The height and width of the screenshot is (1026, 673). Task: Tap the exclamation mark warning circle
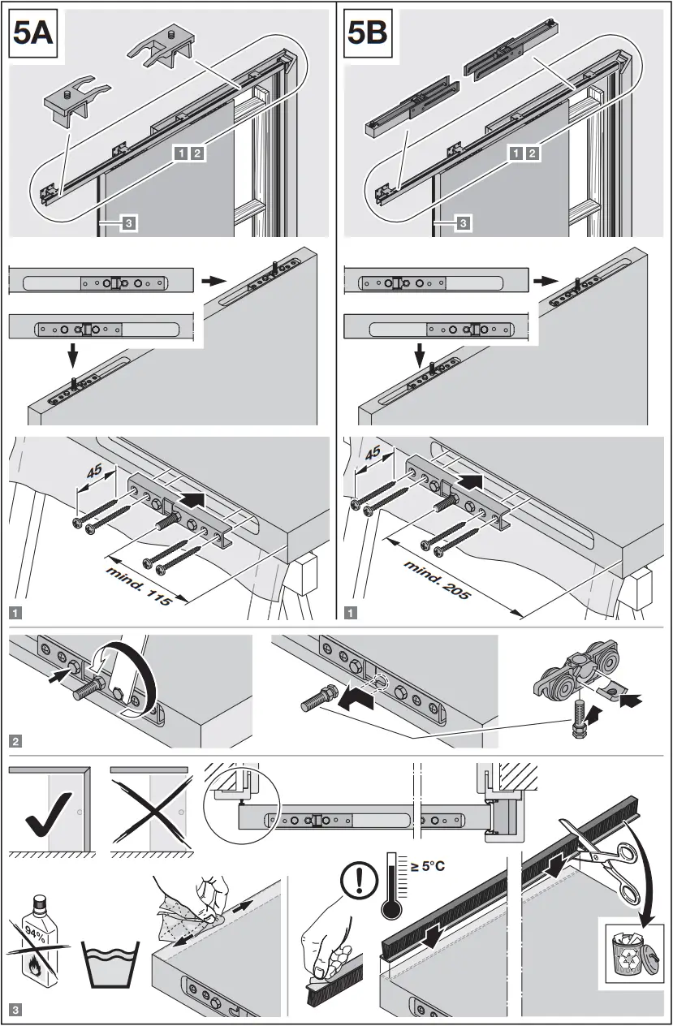tap(354, 877)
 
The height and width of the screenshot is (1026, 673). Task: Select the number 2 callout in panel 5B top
tap(532, 153)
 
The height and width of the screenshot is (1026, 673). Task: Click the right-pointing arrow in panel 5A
tap(210, 280)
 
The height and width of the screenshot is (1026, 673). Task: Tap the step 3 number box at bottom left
tap(16, 1011)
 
